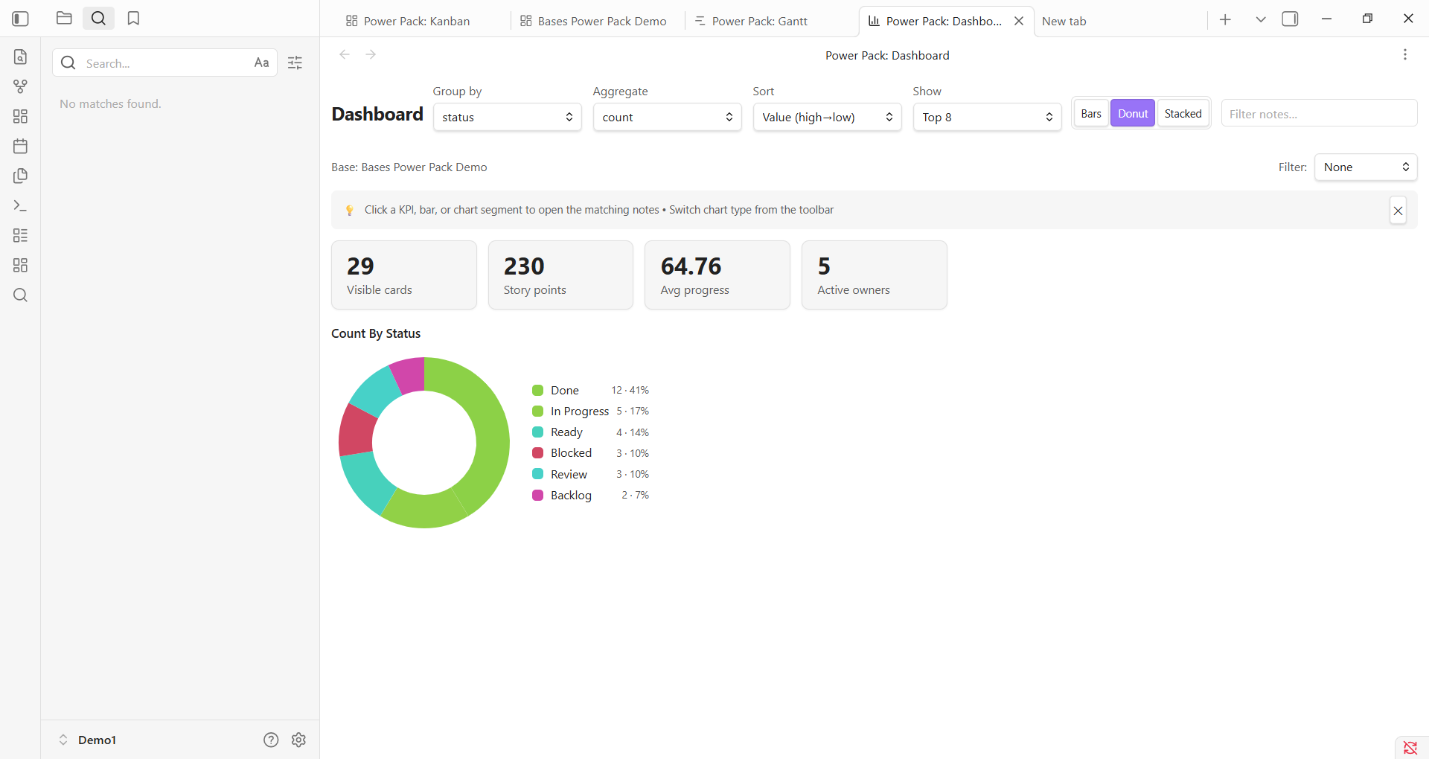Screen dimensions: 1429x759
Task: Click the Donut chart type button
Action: (1133, 113)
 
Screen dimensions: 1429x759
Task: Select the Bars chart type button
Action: (1091, 113)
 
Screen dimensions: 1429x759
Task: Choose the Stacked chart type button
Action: (1183, 113)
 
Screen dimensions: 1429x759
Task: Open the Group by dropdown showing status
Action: (508, 117)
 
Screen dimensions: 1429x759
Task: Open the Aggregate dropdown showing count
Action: (668, 117)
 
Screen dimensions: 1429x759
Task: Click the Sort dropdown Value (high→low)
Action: (828, 117)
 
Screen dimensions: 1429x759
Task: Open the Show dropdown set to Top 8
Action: (988, 117)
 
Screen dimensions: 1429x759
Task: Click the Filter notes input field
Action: (1319, 113)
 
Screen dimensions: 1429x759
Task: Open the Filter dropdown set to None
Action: (1366, 167)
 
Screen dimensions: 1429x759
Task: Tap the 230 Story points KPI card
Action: (560, 275)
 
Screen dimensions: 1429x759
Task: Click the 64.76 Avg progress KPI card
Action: (717, 275)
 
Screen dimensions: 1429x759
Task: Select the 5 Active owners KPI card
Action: (875, 275)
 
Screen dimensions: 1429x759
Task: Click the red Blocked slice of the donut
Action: (357, 431)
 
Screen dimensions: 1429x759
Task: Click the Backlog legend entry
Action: (571, 495)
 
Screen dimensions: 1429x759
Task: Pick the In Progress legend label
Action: (580, 411)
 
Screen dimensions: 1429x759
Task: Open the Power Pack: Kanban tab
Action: (409, 21)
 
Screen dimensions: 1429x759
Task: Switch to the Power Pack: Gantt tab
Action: (752, 21)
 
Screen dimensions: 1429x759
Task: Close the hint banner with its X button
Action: (1398, 211)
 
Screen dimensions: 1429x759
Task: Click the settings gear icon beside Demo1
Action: (298, 740)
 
